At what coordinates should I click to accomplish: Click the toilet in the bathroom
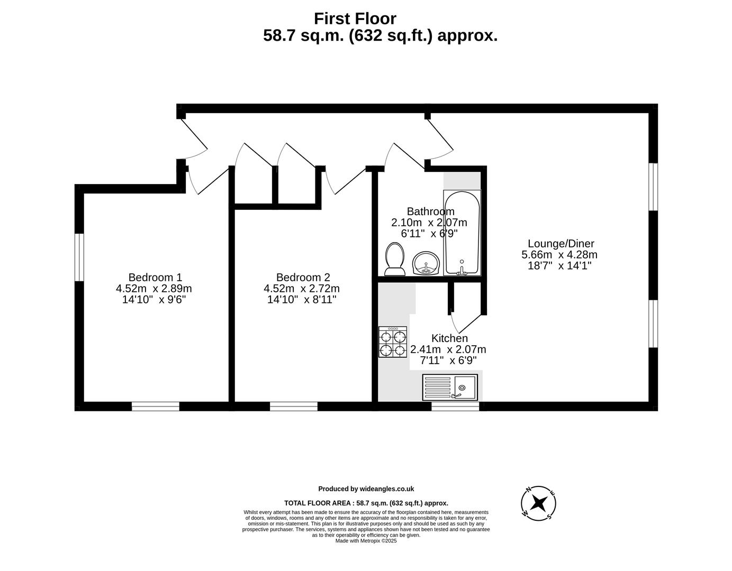394,259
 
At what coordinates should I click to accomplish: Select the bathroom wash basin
426,263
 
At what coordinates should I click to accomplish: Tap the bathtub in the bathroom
462,233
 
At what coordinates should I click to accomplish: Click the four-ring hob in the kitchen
393,342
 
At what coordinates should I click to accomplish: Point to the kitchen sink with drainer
450,387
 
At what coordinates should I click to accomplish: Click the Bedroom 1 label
155,277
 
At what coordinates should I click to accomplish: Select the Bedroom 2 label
303,277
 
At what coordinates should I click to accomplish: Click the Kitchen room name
449,338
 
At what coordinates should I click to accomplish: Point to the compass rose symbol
538,503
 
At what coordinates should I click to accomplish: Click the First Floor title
355,19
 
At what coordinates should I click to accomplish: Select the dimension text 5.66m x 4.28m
559,255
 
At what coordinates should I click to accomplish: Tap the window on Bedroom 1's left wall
79,257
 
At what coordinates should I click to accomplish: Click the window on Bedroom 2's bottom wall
294,406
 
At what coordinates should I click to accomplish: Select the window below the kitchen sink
455,406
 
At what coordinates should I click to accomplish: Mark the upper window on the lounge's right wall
654,187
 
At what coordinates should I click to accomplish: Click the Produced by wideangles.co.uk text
366,489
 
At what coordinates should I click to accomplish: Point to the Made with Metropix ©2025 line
366,541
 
